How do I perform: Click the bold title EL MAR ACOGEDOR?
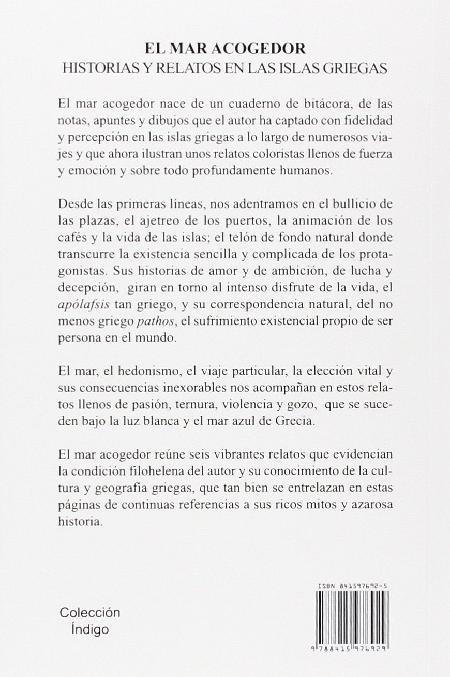click(224, 49)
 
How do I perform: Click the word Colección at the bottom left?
click(90, 612)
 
